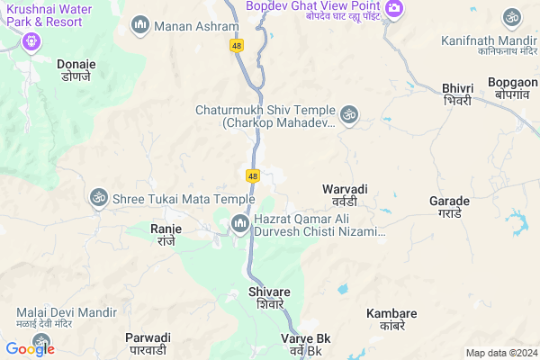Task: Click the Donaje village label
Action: click(76, 71)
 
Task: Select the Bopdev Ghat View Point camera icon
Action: click(392, 8)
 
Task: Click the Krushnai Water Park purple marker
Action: click(29, 40)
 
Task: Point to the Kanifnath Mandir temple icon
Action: click(512, 17)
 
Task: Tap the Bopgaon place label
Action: click(512, 88)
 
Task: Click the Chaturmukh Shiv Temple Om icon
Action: click(348, 114)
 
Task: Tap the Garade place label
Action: click(449, 206)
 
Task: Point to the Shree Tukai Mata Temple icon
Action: click(97, 197)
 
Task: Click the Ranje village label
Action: click(166, 235)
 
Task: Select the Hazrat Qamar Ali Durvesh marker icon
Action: click(240, 222)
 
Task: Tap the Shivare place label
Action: click(269, 298)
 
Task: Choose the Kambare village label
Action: click(391, 319)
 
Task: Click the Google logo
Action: click(30, 348)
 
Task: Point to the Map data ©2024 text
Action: click(499, 352)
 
